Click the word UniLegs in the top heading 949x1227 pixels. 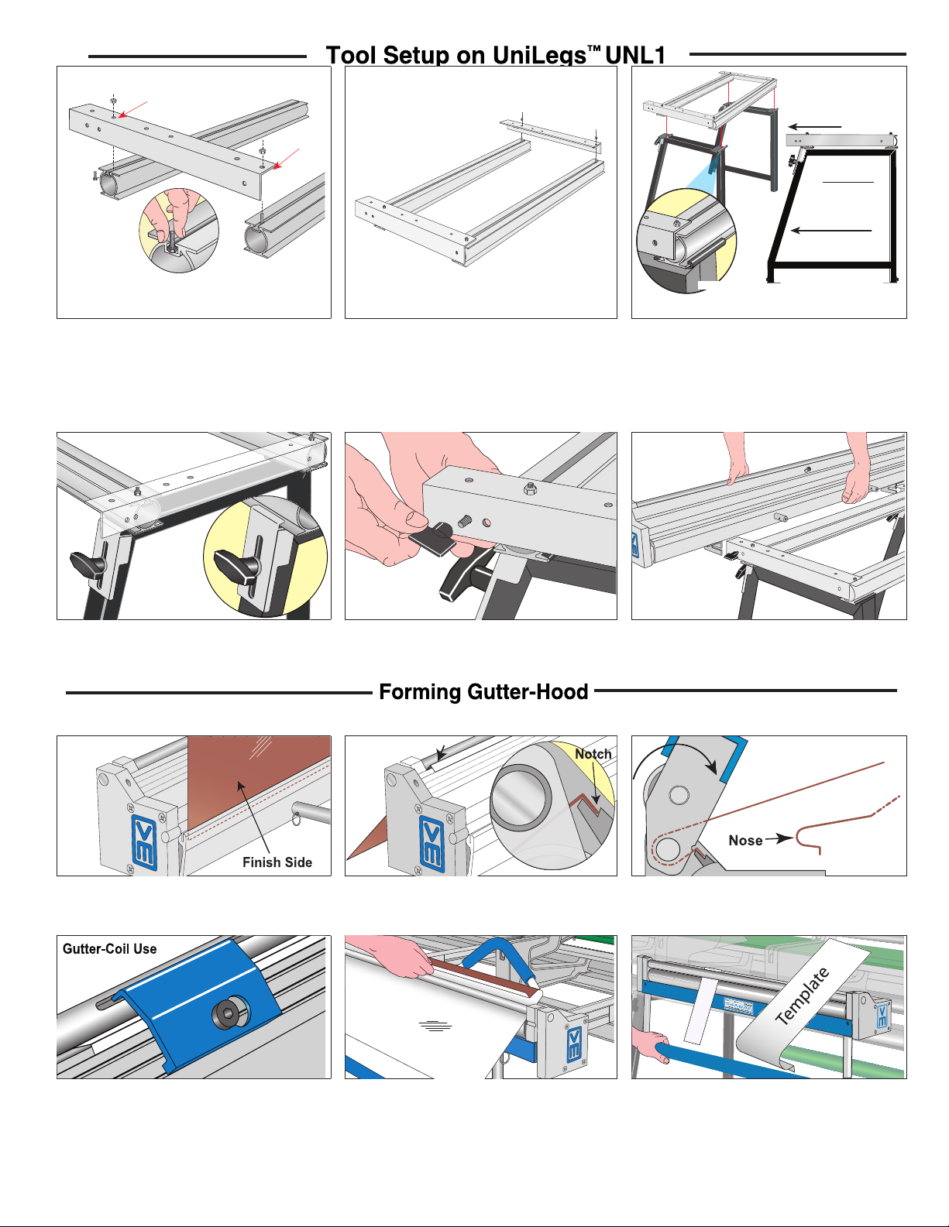(x=539, y=56)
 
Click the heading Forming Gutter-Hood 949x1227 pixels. (x=483, y=691)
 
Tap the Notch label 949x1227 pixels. (x=593, y=754)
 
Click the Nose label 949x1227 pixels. (x=745, y=841)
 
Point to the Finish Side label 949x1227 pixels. (x=277, y=862)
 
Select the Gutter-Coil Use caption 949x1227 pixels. (x=110, y=949)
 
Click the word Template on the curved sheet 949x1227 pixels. (x=803, y=996)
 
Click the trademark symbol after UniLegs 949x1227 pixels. (x=593, y=50)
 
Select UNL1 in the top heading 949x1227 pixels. (x=635, y=56)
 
